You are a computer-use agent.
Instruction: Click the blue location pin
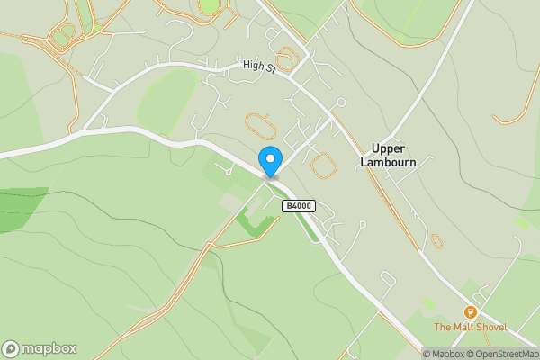269,160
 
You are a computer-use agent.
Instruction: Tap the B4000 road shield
299,206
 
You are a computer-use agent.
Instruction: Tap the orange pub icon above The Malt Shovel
469,311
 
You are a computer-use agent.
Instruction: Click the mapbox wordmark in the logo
49,349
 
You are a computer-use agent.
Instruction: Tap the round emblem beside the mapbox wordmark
11,349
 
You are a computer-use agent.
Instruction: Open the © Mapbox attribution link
445,354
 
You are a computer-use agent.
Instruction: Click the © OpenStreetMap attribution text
503,354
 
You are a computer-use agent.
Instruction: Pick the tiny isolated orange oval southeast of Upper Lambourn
436,241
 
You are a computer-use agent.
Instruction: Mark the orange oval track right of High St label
287,61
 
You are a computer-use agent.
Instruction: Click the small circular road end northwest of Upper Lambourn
340,103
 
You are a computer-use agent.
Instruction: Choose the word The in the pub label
442,327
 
